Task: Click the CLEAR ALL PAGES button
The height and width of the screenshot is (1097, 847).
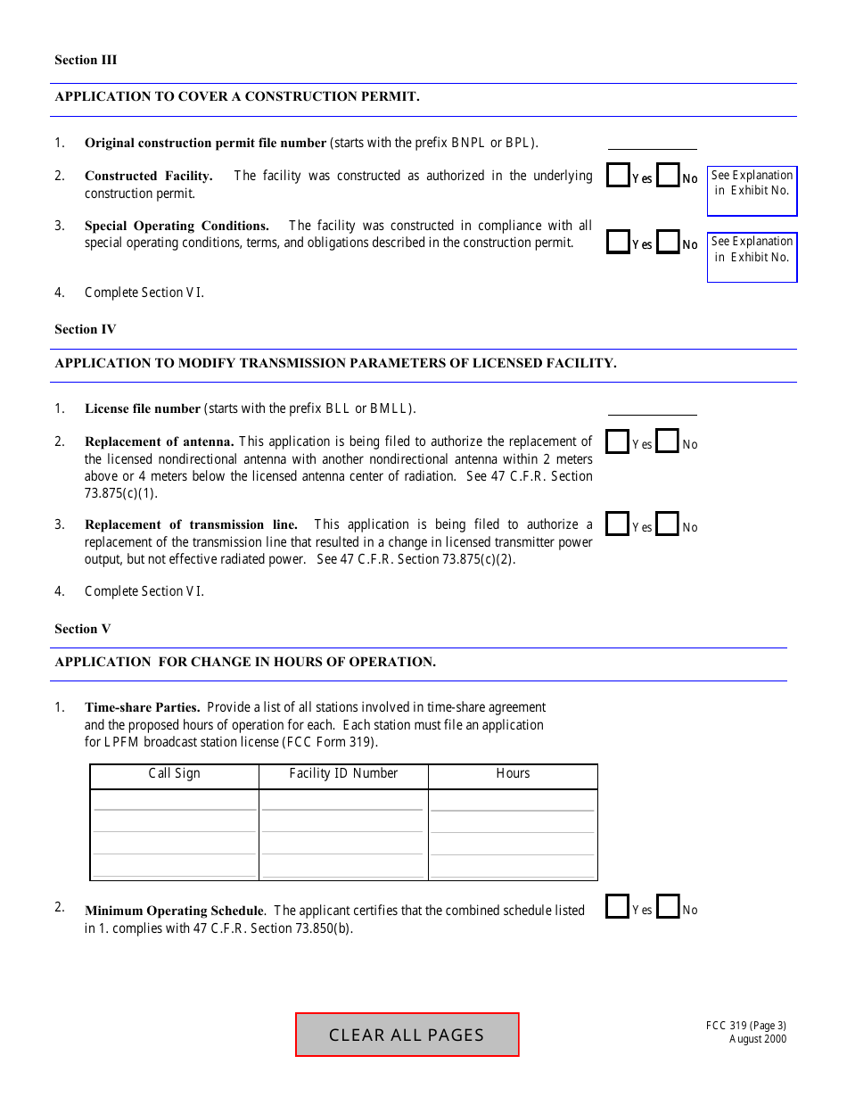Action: click(407, 1035)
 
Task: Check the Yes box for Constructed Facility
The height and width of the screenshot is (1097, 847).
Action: click(618, 176)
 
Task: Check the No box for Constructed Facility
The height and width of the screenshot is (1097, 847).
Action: click(668, 176)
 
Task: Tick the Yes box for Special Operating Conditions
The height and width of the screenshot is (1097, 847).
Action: click(618, 242)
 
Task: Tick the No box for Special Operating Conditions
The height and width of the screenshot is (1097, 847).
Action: click(668, 242)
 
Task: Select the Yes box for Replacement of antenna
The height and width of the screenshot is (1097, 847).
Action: click(617, 441)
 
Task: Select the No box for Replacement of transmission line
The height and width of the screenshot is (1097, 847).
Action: click(667, 524)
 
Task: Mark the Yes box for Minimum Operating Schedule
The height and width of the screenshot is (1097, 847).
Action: click(617, 907)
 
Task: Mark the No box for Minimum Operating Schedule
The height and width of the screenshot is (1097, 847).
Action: click(667, 907)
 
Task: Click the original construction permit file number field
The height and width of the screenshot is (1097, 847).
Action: click(652, 142)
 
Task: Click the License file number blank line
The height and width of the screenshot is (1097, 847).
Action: click(652, 408)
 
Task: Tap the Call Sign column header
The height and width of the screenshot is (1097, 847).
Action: click(174, 773)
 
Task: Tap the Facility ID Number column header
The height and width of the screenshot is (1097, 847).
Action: click(343, 773)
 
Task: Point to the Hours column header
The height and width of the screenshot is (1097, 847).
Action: click(513, 773)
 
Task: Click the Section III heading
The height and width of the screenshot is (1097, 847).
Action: click(86, 60)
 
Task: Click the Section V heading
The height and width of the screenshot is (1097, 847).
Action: click(83, 629)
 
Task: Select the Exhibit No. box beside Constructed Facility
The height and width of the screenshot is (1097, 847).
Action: click(752, 191)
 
